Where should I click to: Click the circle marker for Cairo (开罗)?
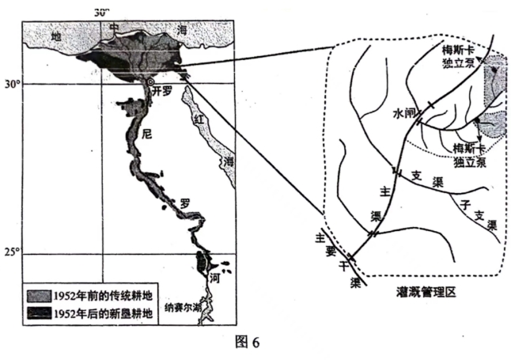click(150, 81)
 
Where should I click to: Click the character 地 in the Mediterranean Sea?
click(55, 37)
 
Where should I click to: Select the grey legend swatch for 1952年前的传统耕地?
click(39, 295)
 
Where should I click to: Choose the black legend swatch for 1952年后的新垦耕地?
click(39, 312)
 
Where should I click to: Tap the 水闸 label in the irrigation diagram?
click(404, 113)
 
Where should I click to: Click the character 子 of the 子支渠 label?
click(464, 204)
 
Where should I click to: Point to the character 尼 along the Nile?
click(145, 135)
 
